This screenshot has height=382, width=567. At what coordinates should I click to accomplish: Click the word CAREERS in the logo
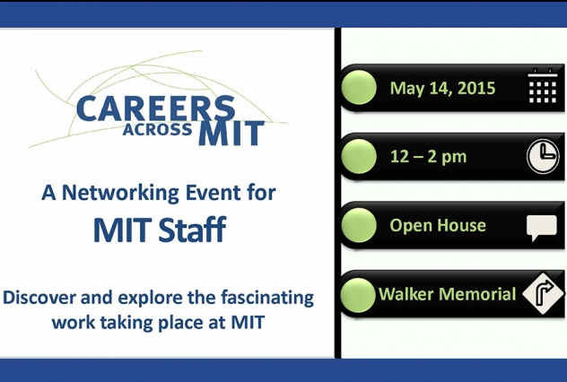tap(155, 109)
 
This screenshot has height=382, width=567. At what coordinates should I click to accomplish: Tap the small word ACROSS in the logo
tap(157, 129)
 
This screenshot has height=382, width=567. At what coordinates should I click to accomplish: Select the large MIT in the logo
tap(231, 133)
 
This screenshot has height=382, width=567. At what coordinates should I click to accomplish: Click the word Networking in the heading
tap(120, 193)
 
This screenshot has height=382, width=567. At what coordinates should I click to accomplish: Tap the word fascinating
tap(267, 299)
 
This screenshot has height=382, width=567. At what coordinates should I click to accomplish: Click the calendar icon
tap(543, 86)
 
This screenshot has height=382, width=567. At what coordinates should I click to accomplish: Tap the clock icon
tap(543, 156)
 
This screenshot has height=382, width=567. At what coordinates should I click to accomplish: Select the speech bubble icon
tap(541, 228)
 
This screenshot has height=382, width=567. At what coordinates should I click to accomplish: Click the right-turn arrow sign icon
tap(544, 293)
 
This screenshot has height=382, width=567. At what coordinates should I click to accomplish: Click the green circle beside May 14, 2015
tap(359, 88)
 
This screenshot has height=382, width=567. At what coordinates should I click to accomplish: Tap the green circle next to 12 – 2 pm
tap(359, 156)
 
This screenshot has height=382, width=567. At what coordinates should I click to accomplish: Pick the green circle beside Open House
tap(359, 225)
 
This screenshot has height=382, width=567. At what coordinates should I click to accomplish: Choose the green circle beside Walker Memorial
tap(358, 294)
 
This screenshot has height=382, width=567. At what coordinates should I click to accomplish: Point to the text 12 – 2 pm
tap(429, 157)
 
